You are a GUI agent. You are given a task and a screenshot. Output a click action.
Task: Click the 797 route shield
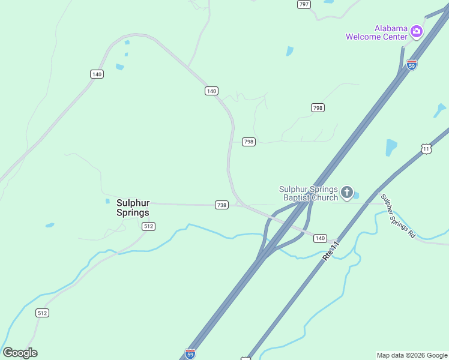(304, 4)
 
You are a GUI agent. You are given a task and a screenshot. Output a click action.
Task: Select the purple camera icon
(417, 31)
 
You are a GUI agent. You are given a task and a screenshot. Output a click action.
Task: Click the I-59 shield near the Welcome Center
(411, 64)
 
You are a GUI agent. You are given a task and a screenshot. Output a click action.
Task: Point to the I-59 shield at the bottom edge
(190, 353)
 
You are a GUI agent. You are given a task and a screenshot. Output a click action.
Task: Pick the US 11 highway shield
(426, 149)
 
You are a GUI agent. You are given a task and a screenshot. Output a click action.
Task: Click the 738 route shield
(221, 205)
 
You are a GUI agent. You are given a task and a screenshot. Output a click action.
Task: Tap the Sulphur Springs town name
(133, 208)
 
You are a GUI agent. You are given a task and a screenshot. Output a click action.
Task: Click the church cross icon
(346, 193)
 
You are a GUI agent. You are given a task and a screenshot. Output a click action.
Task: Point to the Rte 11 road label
(331, 250)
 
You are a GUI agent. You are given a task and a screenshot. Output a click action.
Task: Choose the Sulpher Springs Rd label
(398, 215)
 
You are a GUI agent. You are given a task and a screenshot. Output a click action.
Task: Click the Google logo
(20, 353)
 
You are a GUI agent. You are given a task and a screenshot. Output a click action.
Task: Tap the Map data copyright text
(412, 355)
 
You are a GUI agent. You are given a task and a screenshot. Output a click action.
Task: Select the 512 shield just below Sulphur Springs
(148, 226)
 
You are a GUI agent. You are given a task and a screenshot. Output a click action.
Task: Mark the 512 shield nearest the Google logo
(42, 313)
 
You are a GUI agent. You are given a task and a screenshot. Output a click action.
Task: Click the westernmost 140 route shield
(97, 74)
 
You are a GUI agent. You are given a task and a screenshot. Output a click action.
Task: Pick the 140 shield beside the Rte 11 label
(320, 238)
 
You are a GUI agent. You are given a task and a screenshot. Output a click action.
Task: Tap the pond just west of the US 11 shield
(391, 147)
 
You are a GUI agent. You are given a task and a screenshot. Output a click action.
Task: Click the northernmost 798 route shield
(318, 108)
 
